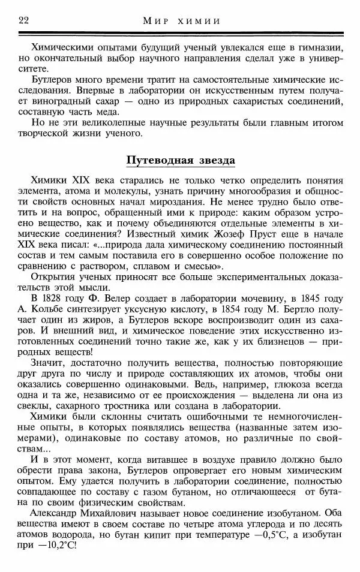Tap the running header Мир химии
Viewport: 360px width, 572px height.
181,22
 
